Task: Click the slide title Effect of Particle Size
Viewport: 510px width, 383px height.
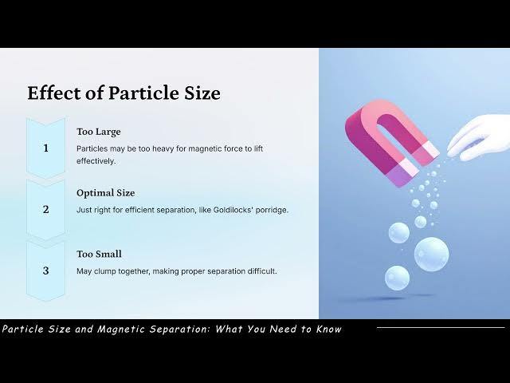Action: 124,93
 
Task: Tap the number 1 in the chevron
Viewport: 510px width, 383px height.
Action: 45,148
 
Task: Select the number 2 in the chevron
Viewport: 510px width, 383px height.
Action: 45,210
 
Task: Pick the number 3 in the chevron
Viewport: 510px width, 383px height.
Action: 45,271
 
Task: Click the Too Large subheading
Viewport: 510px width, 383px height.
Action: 99,132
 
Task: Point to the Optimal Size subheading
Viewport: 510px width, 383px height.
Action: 105,193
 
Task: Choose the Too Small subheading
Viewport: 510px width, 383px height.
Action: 99,255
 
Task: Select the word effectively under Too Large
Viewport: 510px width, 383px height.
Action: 96,160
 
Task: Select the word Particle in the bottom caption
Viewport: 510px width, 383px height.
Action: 24,329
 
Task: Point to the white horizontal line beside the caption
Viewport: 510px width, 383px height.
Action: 440,327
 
